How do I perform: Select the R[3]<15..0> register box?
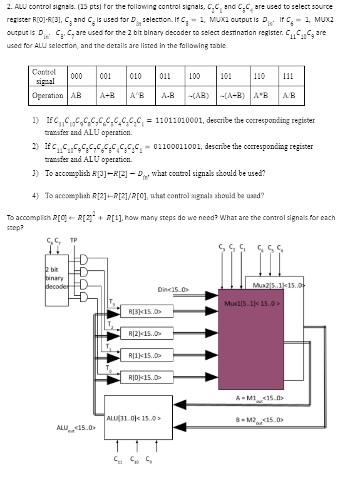[x=145, y=311]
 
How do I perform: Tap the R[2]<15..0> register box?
[x=145, y=333]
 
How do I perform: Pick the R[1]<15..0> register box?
[x=145, y=355]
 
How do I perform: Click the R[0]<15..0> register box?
[x=145, y=378]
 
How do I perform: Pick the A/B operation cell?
[x=289, y=96]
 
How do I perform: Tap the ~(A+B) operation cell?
[x=230, y=96]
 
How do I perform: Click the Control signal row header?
[x=44, y=76]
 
